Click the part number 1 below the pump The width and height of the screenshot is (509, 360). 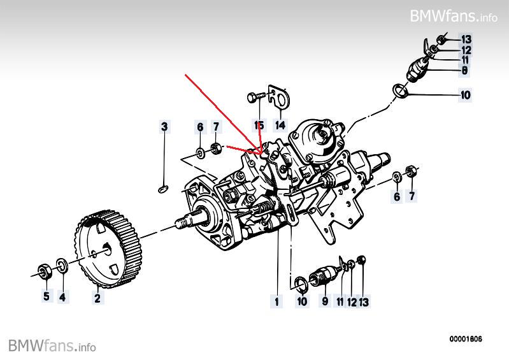[277, 299]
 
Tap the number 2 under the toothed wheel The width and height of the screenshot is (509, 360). [97, 296]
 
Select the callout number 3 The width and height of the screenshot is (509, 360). [164, 127]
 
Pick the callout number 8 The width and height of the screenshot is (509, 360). [464, 71]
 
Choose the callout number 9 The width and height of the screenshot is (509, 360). [324, 299]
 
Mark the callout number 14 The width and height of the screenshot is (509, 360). [280, 126]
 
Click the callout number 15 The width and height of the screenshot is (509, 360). [259, 126]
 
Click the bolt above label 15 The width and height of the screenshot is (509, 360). [255, 98]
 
